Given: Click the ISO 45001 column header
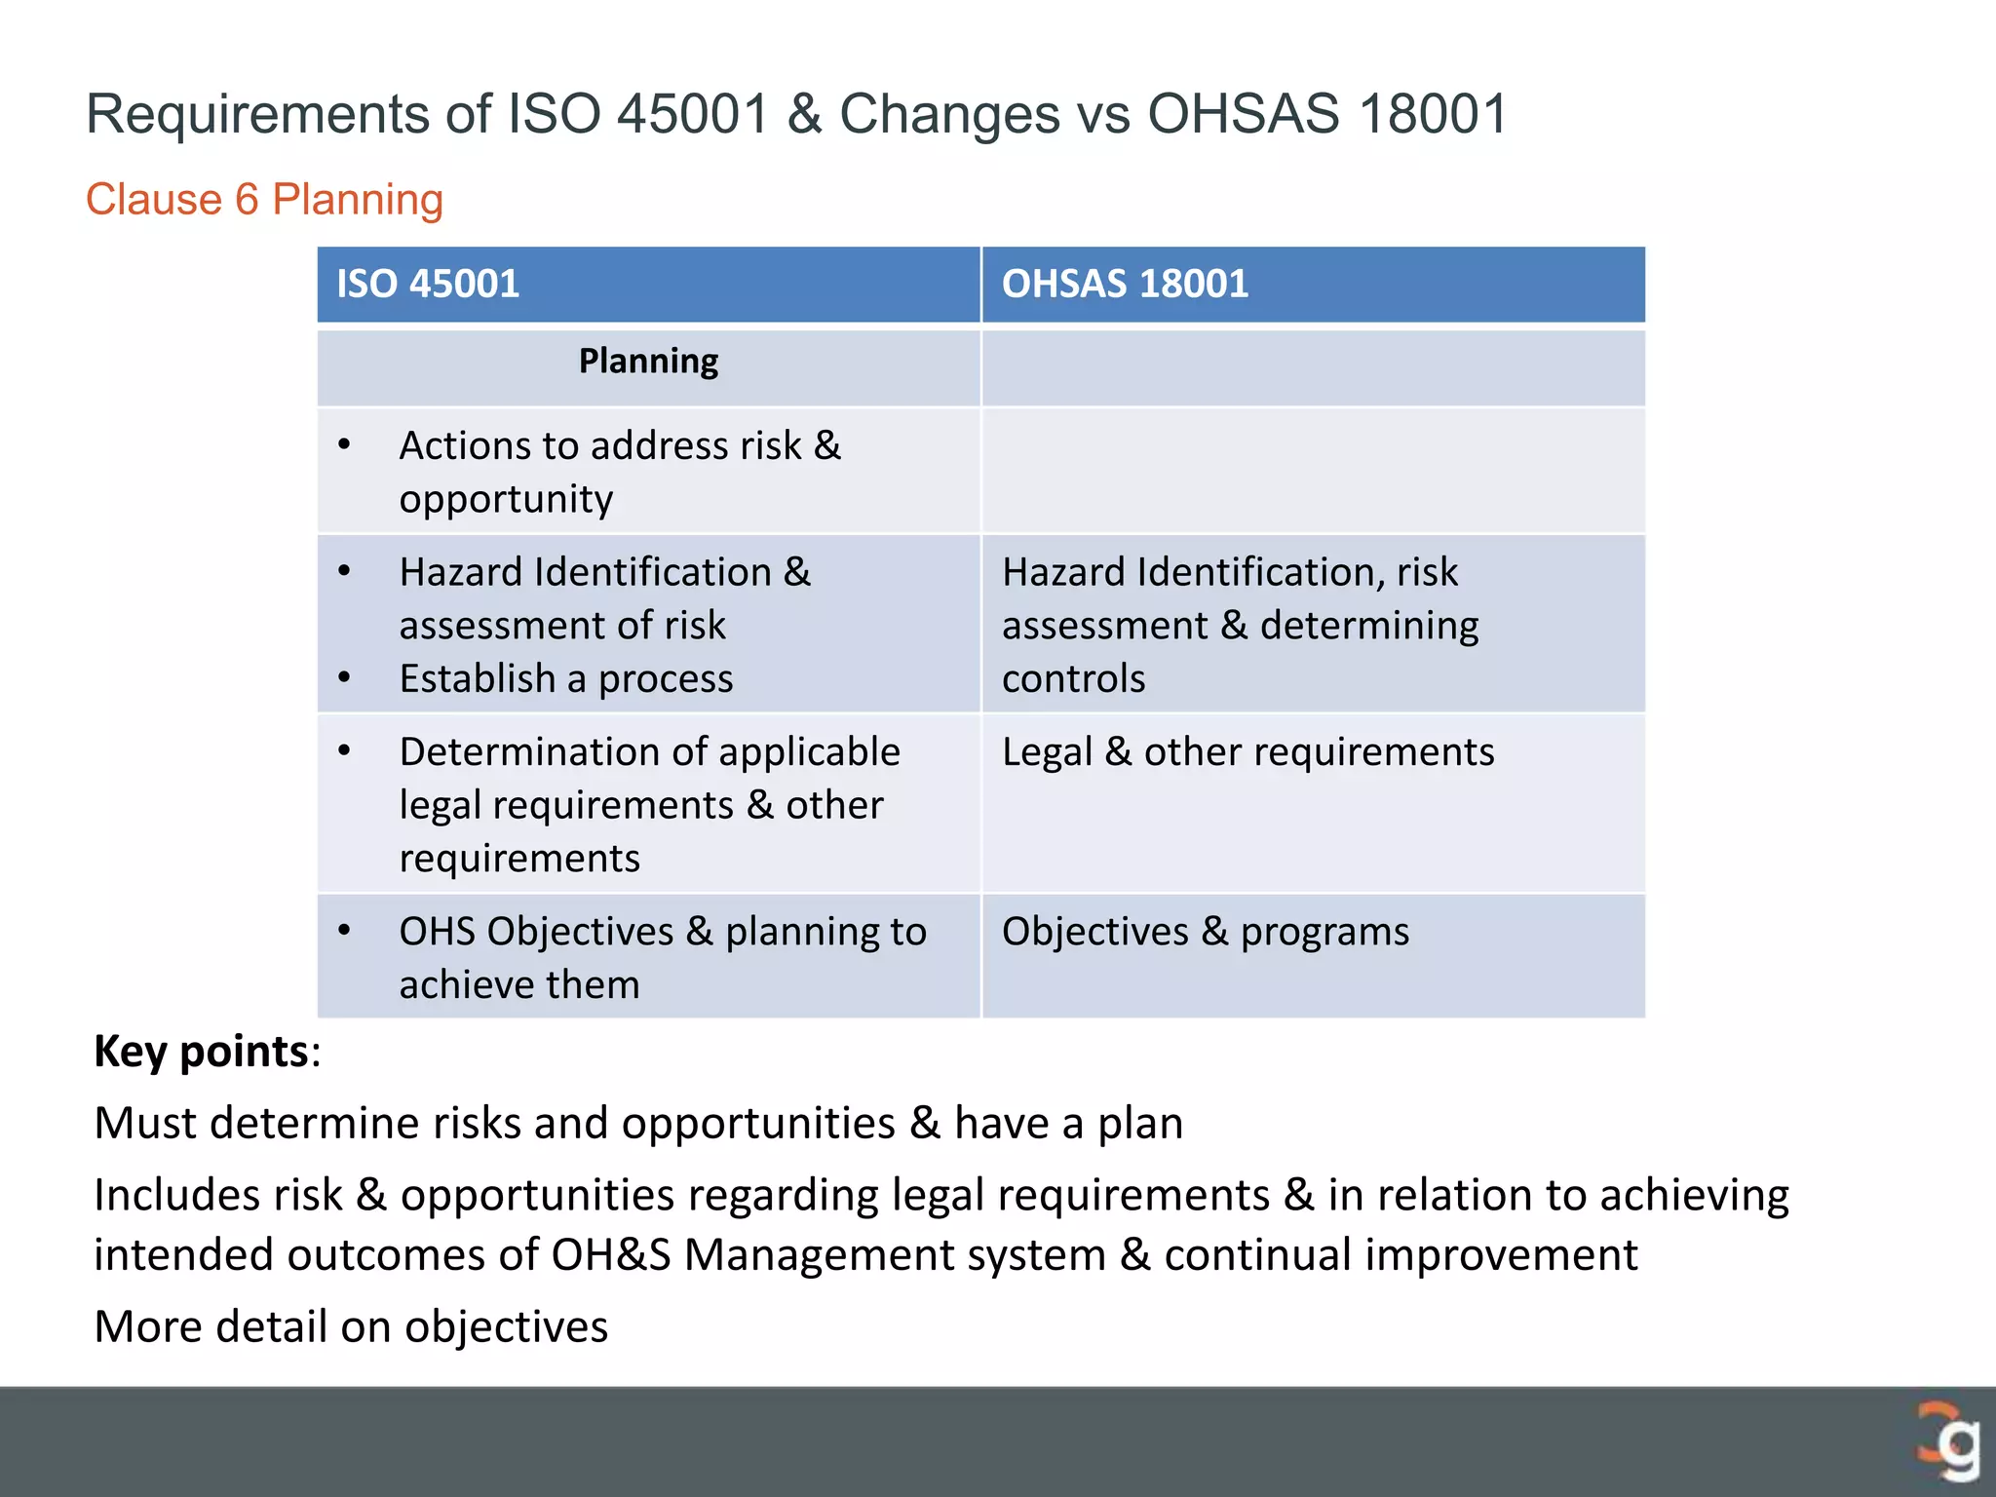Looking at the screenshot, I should [428, 284].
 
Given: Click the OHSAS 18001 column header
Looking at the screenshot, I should [1125, 284].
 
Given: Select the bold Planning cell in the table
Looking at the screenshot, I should [648, 362].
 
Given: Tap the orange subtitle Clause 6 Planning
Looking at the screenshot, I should [264, 200].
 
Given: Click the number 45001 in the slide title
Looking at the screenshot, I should [694, 114].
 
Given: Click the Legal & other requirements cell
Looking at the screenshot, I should [1247, 752].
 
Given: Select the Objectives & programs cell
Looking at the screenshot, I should [1205, 932].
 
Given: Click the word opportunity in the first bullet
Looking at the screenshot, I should [506, 500].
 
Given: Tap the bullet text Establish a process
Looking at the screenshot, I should [565, 678].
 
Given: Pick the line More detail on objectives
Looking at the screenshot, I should [351, 1326].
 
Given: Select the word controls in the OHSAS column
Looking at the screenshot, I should [1073, 678].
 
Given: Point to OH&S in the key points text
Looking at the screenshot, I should [610, 1255].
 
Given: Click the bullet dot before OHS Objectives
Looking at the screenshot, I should [344, 930].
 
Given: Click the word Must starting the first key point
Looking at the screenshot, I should [145, 1123].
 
